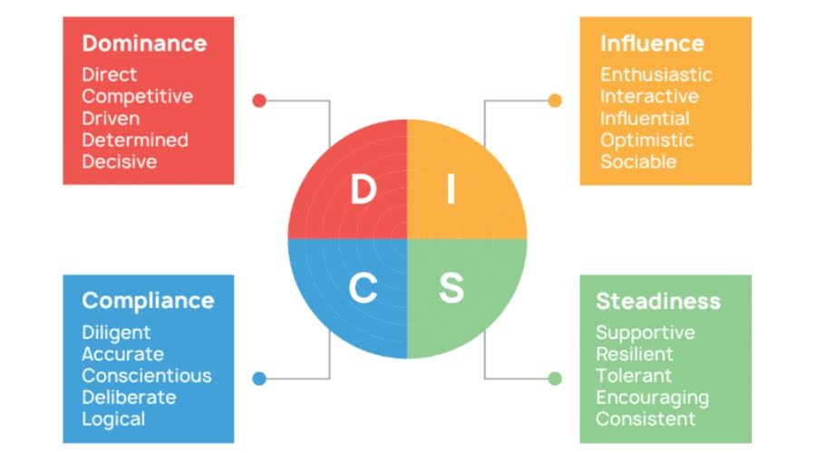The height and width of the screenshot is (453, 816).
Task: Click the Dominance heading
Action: coord(144,43)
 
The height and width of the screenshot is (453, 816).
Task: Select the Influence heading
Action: coord(651,43)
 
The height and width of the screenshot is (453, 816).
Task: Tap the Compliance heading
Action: coord(148,300)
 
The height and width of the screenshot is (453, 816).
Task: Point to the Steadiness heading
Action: coord(657,301)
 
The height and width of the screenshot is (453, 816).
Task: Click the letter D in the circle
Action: coord(363,190)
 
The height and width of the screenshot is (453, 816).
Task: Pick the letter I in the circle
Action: coord(451,190)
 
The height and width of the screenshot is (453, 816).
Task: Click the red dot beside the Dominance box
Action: coord(259,101)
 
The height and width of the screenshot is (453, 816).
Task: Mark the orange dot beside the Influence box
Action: coord(555,101)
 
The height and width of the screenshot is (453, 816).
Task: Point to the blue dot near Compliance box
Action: coord(259,378)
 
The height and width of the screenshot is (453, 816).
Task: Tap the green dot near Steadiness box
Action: coord(555,378)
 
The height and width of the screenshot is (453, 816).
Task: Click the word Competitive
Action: coord(137,96)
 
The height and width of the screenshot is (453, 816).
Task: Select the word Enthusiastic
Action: coord(656,74)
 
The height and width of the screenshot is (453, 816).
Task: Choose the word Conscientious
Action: coord(146,375)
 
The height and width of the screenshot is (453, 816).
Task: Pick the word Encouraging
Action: coord(651,397)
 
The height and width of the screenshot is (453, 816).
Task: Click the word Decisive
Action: coord(119,161)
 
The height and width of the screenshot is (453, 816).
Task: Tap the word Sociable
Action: coord(637,161)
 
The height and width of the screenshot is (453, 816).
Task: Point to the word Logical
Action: coord(113,419)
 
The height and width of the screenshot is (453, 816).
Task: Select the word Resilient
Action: coord(634,353)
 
